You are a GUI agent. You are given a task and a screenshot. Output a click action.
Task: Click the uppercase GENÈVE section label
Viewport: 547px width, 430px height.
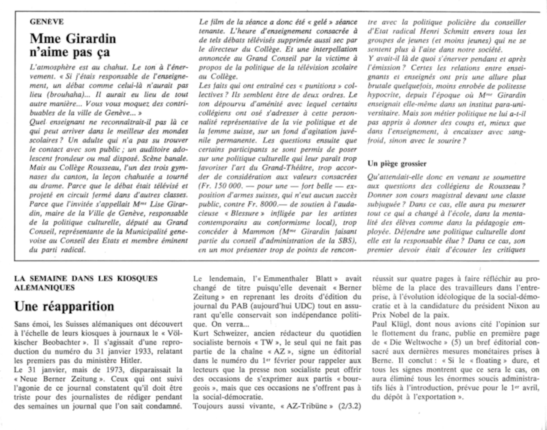pos(47,22)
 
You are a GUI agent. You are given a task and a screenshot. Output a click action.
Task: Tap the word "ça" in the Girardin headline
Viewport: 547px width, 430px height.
pos(103,52)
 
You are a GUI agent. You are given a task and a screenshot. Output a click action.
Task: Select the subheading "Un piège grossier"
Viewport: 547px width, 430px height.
pos(397,164)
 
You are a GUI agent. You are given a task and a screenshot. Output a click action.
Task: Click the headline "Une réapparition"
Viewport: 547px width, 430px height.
pos(64,306)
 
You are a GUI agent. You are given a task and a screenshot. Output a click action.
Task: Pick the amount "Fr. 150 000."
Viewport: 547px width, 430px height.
pos(220,186)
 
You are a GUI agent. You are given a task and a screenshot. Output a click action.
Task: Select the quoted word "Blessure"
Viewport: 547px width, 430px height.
pos(248,213)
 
